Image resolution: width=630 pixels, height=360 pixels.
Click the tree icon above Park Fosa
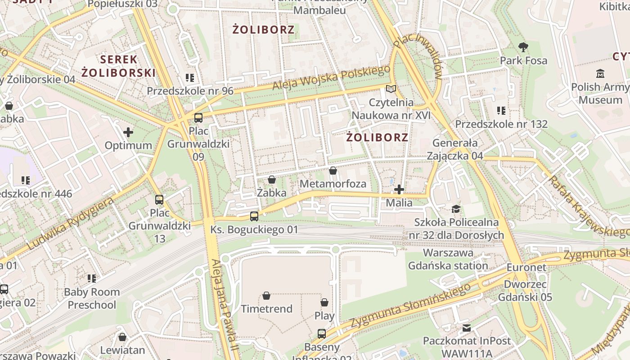pos(523,46)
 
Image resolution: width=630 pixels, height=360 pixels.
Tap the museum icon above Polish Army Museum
pos(600,73)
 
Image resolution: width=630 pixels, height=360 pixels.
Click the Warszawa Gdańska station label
pos(448,259)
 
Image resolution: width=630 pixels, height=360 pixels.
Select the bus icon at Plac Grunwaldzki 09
pos(198,118)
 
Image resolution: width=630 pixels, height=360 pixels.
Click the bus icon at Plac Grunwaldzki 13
pos(159,199)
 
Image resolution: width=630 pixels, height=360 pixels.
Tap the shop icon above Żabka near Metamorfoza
pos(272,180)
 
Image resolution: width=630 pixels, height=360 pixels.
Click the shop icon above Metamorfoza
pos(333,171)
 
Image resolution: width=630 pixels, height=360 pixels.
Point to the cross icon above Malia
pos(399,189)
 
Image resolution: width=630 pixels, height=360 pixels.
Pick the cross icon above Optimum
pos(128,132)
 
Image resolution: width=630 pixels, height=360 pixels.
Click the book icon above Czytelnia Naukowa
pos(391,89)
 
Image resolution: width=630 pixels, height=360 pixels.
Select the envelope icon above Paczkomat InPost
pos(467,328)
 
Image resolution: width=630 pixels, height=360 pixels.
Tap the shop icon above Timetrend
pos(266,296)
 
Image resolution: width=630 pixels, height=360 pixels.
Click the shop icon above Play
pos(324,302)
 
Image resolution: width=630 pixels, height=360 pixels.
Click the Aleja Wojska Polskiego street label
pos(331,77)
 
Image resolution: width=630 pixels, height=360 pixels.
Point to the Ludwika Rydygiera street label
pos(71,224)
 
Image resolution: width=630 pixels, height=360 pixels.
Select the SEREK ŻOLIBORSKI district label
pos(118,66)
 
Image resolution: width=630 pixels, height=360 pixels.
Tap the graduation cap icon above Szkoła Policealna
pos(456,209)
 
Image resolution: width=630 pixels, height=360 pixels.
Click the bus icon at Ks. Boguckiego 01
pos(254,216)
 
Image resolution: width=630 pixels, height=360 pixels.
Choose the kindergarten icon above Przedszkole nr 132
pos(501,110)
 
